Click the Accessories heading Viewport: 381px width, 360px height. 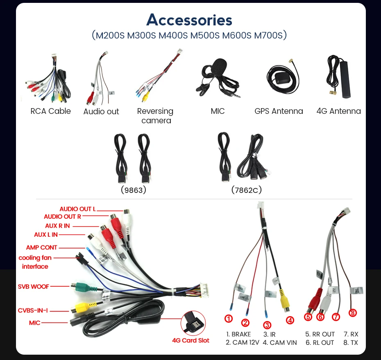[x=189, y=20]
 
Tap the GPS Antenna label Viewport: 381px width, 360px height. [x=279, y=111]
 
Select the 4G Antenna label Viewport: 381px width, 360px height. [x=338, y=111]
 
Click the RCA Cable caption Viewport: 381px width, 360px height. [x=50, y=111]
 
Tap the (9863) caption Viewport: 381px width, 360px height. [x=134, y=190]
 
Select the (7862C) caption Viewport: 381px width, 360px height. [x=246, y=190]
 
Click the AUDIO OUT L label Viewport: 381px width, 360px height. [x=77, y=209]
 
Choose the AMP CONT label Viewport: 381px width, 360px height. [x=41, y=247]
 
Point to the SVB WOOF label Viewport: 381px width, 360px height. [x=33, y=286]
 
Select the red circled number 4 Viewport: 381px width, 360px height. [x=290, y=320]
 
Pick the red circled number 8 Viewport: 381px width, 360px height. [x=353, y=313]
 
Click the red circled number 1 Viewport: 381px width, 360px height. [x=229, y=319]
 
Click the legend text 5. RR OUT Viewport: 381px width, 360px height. [x=320, y=334]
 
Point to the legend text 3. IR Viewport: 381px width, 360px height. [x=269, y=334]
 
